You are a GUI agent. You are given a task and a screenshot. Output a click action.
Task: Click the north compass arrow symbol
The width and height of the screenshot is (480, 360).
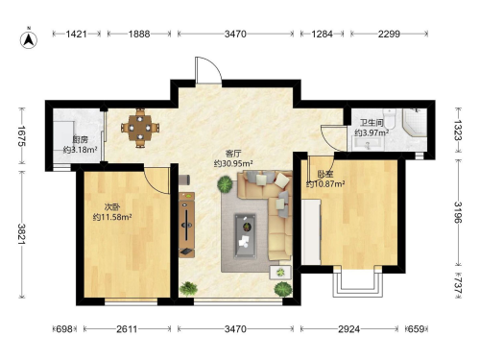point(29,39)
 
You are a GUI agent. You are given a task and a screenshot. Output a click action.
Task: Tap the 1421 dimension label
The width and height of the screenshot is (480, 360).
point(77,34)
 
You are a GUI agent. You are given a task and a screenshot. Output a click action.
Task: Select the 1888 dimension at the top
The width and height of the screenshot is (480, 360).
point(139,34)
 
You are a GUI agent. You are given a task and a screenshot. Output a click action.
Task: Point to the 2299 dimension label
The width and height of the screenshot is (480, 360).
point(389,34)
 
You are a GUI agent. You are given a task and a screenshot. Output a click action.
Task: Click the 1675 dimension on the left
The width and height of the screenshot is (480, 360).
point(21,135)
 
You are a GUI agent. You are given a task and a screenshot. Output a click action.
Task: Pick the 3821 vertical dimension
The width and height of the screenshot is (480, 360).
point(21,234)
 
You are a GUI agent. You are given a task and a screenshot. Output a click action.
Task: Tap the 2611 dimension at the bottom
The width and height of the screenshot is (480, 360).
point(127,329)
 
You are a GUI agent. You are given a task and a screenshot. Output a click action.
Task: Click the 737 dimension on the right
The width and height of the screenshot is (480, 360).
point(459,285)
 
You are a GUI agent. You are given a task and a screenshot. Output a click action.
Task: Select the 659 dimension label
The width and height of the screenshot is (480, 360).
point(416,329)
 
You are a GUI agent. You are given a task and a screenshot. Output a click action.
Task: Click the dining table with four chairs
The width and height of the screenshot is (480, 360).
point(140,128)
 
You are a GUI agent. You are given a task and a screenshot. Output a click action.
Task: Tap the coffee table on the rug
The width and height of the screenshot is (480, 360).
point(246,235)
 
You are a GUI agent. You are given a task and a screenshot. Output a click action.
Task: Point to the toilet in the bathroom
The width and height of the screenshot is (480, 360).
point(390,119)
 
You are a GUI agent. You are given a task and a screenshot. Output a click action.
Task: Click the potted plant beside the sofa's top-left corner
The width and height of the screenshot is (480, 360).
point(225,184)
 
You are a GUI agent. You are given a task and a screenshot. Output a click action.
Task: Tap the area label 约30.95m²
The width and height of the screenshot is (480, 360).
point(233,163)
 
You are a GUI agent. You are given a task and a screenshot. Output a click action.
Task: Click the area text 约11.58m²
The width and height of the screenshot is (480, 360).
point(112,217)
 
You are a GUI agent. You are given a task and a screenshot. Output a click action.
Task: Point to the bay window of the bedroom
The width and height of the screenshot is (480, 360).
point(358,282)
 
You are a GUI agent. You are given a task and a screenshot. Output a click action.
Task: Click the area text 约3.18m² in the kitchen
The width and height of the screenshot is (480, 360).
point(80,150)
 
